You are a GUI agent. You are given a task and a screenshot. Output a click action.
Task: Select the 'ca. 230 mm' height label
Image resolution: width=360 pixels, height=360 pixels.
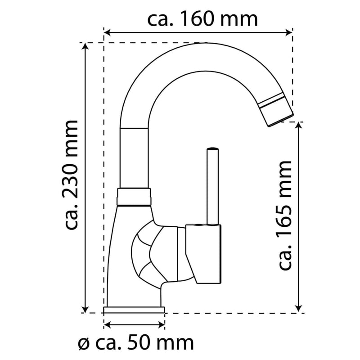pos(72,175)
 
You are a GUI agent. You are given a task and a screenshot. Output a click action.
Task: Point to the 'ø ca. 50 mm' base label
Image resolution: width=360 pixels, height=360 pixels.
pos(136,343)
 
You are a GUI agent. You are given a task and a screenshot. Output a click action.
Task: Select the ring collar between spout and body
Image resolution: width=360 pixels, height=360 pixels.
pos(134,196)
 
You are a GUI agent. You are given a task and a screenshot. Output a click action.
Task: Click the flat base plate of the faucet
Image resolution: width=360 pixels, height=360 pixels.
pos(134,310)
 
